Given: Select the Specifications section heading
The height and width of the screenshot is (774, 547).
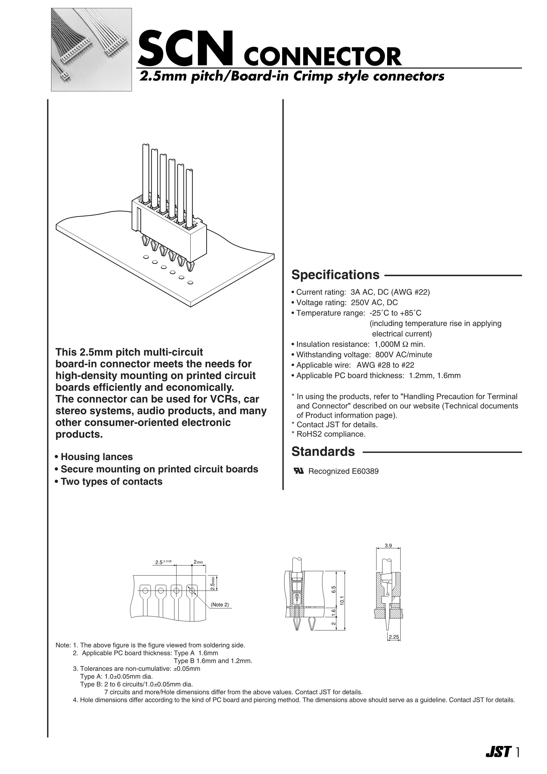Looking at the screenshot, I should coord(335,275).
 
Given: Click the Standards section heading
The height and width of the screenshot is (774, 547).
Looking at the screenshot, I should coord(323,451).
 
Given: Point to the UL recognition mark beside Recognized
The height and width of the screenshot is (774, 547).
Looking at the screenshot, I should coord(299,471).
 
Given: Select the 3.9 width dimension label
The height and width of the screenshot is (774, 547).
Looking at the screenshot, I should coord(388,546).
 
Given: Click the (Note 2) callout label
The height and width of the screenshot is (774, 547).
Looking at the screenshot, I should coord(220,604).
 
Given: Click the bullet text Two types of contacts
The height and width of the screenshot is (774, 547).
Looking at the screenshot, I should coord(111,482).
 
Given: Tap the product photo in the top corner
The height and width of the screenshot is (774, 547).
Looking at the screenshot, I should coord(91,50).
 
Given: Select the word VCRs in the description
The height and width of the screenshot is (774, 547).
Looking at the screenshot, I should coord(222,399).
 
